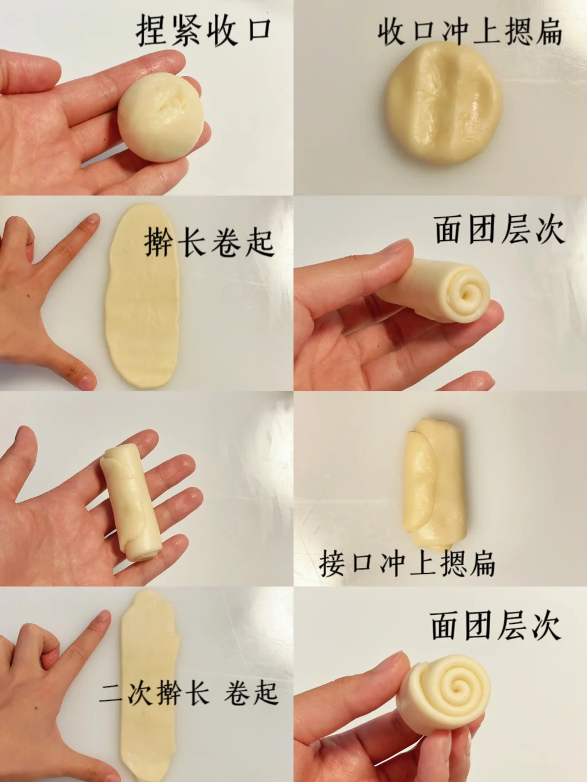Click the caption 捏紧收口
coord(204,31)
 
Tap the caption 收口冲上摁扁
coord(470,32)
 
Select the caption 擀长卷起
coord(209,242)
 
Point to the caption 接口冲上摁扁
coord(407,564)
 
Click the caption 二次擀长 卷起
coord(189,692)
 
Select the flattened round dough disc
coord(444,103)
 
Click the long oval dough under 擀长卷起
coord(142,296)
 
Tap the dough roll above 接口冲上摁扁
coord(435,485)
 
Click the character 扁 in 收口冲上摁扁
coord(549,33)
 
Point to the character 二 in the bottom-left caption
coord(111,693)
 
